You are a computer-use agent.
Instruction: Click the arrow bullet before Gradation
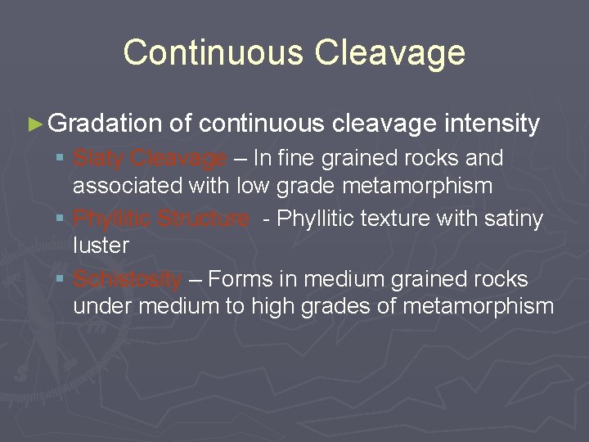click(34, 124)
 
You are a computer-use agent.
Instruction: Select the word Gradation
click(105, 124)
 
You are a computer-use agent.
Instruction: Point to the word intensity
click(492, 124)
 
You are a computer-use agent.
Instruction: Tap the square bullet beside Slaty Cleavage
click(61, 158)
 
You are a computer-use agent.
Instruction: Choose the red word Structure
click(204, 219)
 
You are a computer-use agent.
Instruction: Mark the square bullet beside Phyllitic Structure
click(61, 219)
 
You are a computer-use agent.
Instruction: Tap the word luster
click(101, 246)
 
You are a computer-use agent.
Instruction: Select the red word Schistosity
click(127, 279)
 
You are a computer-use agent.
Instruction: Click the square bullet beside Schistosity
click(61, 279)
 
